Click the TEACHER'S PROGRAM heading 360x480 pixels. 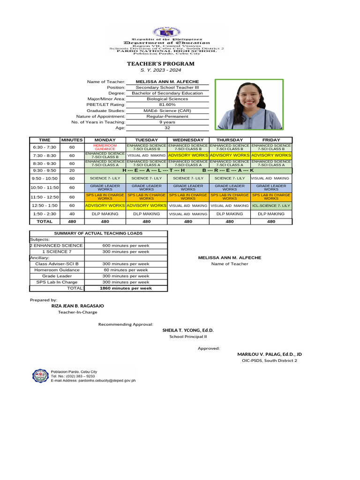pyautogui.click(x=160, y=64)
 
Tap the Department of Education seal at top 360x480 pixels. pyautogui.click(x=166, y=32)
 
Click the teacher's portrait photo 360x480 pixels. pyautogui.click(x=249, y=105)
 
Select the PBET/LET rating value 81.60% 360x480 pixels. pyautogui.click(x=167, y=105)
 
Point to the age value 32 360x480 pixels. pyautogui.click(x=167, y=127)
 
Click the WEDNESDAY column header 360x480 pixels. pyautogui.click(x=188, y=140)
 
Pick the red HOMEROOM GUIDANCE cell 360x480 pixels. pyautogui.click(x=105, y=147)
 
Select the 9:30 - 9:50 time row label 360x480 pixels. pyautogui.click(x=44, y=171)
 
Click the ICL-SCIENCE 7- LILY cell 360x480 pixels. pyautogui.click(x=271, y=205)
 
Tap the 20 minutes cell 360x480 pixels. pyautogui.click(x=72, y=171)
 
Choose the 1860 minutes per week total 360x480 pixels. pyautogui.click(x=126, y=288)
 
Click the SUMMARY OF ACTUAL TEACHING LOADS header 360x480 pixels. pyautogui.click(x=98, y=233)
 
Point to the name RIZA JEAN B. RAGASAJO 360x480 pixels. pyautogui.click(x=77, y=306)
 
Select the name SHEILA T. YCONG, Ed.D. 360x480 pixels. pyautogui.click(x=188, y=330)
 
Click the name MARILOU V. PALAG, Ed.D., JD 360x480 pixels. pyautogui.click(x=269, y=354)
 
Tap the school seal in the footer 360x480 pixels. pyautogui.click(x=40, y=376)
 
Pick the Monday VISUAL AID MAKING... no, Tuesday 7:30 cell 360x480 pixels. pyautogui.click(x=146, y=155)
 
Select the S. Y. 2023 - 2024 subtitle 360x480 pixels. pyautogui.click(x=160, y=70)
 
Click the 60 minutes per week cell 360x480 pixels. pyautogui.click(x=126, y=270)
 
